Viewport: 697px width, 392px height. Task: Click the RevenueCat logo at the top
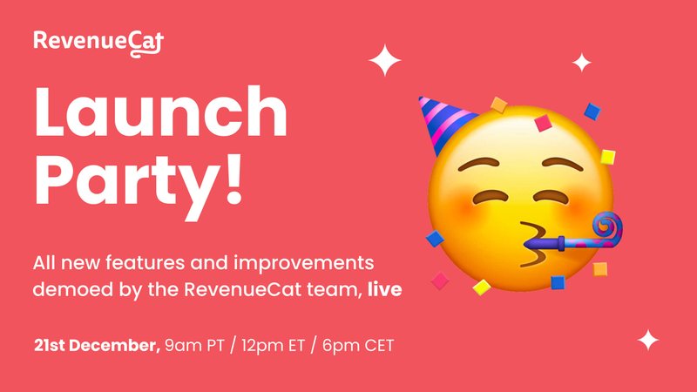98,43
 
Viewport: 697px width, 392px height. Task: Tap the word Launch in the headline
160,112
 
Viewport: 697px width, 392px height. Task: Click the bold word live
385,289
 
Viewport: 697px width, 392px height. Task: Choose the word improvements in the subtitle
303,264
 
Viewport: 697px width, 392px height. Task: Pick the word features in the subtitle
145,263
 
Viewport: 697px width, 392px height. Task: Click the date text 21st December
97,345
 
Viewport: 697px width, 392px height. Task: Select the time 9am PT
194,346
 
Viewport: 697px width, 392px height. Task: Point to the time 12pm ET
273,346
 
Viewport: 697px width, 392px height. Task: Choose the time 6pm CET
358,346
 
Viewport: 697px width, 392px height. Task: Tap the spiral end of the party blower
606,227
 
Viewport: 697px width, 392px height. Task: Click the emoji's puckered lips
533,245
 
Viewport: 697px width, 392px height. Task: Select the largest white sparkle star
385,60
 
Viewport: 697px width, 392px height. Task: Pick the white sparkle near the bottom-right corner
648,341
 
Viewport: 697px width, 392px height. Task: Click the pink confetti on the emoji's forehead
543,123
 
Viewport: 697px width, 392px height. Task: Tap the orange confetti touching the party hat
498,105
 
